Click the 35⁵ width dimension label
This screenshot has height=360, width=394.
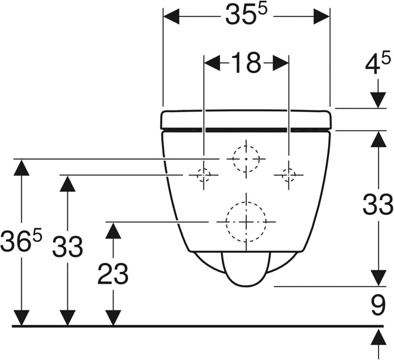pos(246,15)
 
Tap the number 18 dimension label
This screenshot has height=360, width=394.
pos(246,63)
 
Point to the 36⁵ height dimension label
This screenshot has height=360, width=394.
pos(21,241)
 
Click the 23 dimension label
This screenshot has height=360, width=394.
pos(113,274)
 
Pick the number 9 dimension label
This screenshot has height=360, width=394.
pos(379,305)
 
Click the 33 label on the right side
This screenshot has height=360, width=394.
pos(378,204)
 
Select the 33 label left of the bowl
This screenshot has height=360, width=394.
pos(67,247)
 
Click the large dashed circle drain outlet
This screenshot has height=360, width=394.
pos(246,222)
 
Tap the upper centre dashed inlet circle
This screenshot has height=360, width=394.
pos(246,159)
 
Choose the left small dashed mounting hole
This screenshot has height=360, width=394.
pos(204,175)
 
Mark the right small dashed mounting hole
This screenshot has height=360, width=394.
pos(288,175)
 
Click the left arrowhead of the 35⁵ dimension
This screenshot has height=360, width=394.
pos(171,16)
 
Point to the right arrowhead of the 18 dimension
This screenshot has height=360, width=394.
pos(280,63)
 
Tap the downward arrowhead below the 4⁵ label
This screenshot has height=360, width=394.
pos(378,100)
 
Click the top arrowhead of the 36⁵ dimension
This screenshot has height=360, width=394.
pos(21,167)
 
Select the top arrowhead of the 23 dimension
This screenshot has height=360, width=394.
pos(113,230)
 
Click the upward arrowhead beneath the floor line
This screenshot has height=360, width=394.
pos(378,336)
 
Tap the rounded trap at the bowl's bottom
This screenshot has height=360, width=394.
pos(246,269)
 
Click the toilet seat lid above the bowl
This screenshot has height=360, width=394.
pos(246,119)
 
